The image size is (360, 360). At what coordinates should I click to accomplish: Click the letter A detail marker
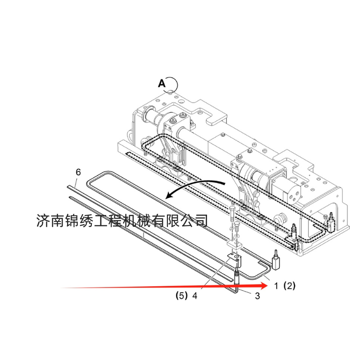coord(162,83)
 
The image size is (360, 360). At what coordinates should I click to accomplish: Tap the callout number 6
coord(78,172)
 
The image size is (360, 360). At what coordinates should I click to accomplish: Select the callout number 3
coord(257,296)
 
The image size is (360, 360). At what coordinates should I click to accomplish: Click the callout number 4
coord(194,296)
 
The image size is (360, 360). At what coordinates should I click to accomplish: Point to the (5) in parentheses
coord(181,296)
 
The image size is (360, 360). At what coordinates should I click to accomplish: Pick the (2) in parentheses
coord(289,285)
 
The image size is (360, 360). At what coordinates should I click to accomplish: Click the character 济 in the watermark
coord(43,220)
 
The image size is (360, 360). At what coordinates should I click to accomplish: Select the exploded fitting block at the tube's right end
coord(276,261)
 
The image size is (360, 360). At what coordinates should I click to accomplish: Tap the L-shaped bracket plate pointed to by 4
coord(234,260)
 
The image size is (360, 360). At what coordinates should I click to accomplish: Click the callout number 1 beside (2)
coord(277,285)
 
